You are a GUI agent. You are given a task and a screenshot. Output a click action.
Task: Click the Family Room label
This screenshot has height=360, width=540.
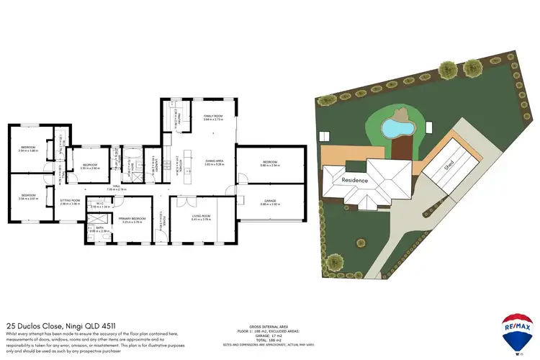[x=213, y=116]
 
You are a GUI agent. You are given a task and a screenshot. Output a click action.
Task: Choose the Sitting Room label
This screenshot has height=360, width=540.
[x=70, y=201]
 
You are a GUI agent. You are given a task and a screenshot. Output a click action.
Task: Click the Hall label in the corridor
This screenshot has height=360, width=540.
[x=116, y=186]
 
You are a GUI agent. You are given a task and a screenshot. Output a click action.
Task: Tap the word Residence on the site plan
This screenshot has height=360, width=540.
[x=355, y=180]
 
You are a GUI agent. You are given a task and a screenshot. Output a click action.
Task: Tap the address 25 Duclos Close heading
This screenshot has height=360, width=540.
[x=53, y=325]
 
